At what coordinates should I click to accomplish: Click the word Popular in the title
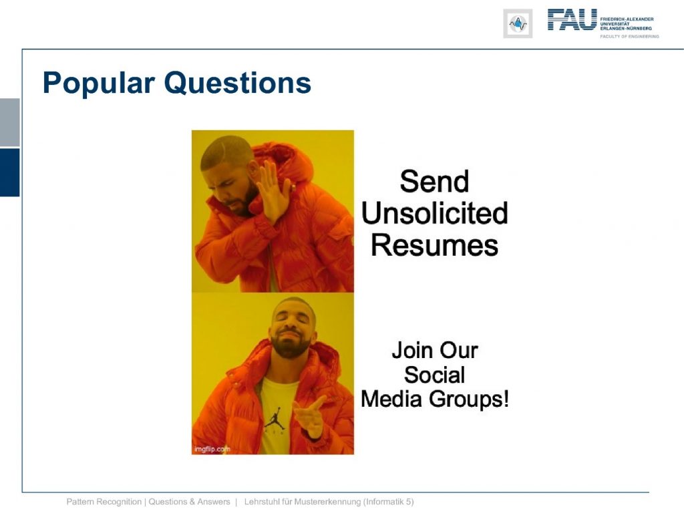(99, 83)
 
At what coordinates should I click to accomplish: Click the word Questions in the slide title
(238, 82)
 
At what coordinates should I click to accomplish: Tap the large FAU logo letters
(572, 19)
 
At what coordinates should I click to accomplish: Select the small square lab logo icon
(518, 23)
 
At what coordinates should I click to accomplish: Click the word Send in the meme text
(434, 182)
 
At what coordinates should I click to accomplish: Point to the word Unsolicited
(434, 213)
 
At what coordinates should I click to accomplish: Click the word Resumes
(434, 245)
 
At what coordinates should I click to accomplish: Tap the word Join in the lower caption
(412, 351)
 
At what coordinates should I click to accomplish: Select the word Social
(434, 375)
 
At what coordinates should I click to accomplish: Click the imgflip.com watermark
(212, 449)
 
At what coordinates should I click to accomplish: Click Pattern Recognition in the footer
(104, 502)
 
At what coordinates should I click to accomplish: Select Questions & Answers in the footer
(189, 502)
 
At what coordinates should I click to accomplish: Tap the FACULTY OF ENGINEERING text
(629, 36)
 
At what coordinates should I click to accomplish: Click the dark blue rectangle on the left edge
(9, 172)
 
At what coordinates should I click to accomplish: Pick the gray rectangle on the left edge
(9, 123)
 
